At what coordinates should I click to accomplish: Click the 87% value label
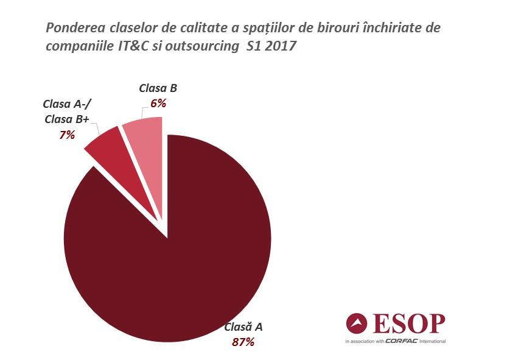click(x=243, y=342)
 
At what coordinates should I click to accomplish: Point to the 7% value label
click(x=67, y=135)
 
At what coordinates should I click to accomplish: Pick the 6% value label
click(x=158, y=103)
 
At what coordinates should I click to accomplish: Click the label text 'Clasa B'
click(x=158, y=89)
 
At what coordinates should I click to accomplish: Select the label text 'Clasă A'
click(x=243, y=327)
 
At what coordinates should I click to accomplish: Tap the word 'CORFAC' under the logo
click(x=403, y=341)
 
